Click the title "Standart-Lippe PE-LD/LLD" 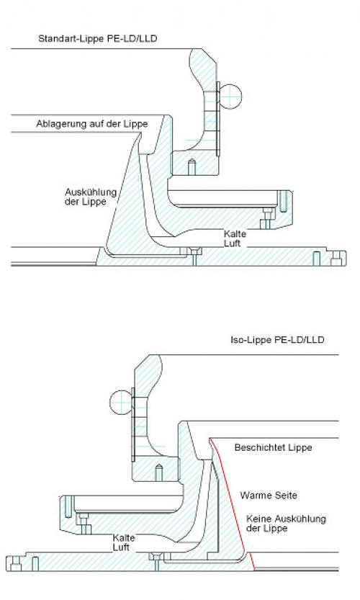click(97, 39)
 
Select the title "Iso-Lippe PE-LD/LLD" click(277, 340)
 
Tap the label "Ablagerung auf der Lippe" click(92, 124)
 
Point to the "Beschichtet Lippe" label click(273, 447)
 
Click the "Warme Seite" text click(269, 495)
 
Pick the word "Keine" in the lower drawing click(258, 519)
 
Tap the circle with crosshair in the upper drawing click(230, 96)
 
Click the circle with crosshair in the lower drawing click(122, 402)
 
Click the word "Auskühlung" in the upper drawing click(91, 192)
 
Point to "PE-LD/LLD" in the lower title click(300, 340)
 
